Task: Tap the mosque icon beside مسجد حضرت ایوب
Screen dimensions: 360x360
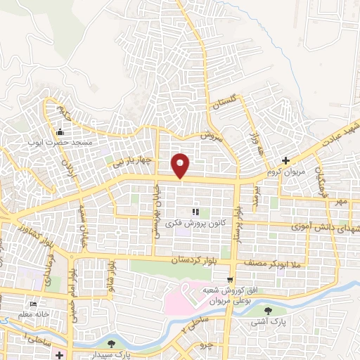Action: tap(60, 132)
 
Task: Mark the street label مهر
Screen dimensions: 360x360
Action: tap(342, 202)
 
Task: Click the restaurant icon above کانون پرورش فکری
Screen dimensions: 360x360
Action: tap(195, 212)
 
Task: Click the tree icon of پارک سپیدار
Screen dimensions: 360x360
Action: tap(112, 344)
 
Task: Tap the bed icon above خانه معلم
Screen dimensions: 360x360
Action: tap(32, 305)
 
